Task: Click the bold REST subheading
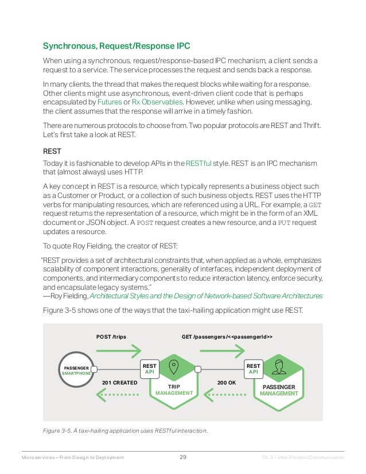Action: pyautogui.click(x=53, y=151)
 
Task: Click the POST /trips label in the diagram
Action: pyautogui.click(x=111, y=336)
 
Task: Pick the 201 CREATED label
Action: pyautogui.click(x=119, y=382)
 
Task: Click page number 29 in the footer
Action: pyautogui.click(x=183, y=457)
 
